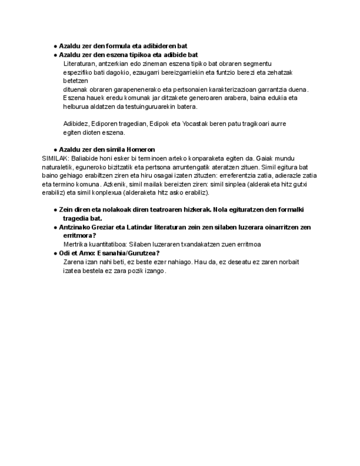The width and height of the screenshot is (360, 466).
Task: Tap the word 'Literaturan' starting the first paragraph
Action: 79,63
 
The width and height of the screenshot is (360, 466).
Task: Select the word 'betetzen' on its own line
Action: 75,80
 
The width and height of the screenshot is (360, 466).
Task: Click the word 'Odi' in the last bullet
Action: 64,253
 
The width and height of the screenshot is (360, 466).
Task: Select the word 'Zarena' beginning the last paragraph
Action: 73,262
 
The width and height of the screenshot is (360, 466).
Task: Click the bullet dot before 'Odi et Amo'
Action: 56,253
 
